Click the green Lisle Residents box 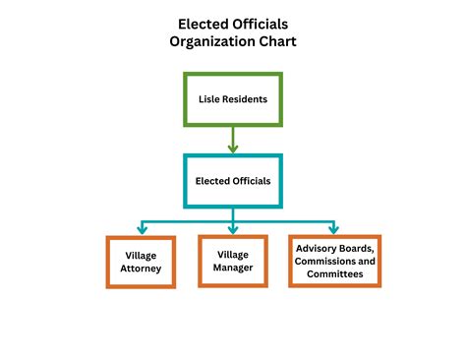pyautogui.click(x=233, y=98)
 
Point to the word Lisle pyautogui.click(x=208, y=98)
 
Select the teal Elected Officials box pyautogui.click(x=233, y=181)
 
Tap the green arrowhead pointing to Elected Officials pyautogui.click(x=233, y=149)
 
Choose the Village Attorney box pyautogui.click(x=141, y=261)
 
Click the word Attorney pyautogui.click(x=141, y=268)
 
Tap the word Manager pyautogui.click(x=233, y=267)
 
